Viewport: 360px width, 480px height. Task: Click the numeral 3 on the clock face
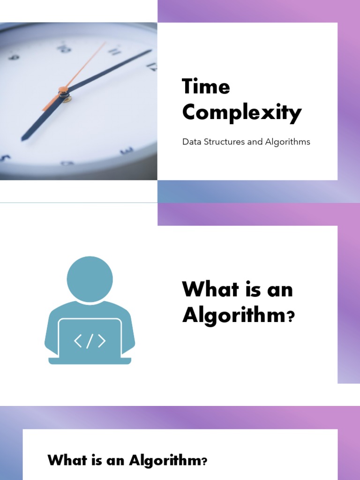[x=126, y=151]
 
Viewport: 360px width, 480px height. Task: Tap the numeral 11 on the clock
[x=113, y=51]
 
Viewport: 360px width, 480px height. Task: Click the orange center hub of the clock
[x=63, y=90]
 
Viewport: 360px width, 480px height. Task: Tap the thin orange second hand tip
[x=104, y=44]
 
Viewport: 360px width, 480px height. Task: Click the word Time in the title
[x=206, y=87]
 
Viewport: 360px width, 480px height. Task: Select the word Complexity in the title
[x=241, y=112]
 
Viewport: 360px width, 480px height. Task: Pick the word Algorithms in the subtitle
[x=288, y=142]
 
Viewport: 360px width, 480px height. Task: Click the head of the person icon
[x=90, y=279]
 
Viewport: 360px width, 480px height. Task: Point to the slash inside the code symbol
[x=90, y=341]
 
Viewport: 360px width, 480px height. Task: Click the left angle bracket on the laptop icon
[x=78, y=341]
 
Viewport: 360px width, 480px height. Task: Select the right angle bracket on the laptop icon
[x=101, y=341]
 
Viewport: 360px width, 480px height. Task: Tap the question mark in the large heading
[x=290, y=318]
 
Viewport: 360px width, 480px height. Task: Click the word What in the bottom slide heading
[x=66, y=460]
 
